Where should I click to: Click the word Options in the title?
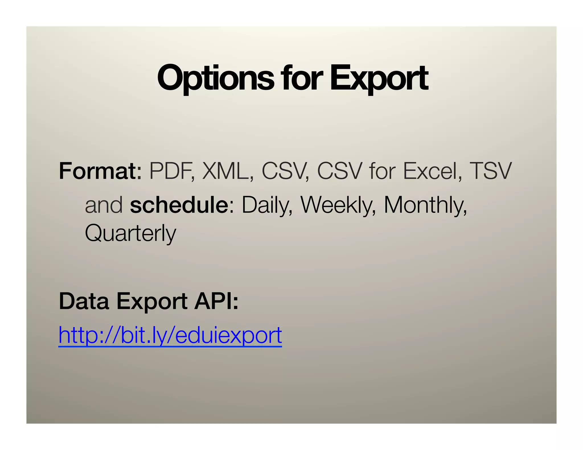coord(215,78)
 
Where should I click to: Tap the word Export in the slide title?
coord(379,78)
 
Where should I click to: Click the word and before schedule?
coord(104,205)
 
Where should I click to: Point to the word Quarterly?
coord(130,233)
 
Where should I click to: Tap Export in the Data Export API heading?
coord(152,302)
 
